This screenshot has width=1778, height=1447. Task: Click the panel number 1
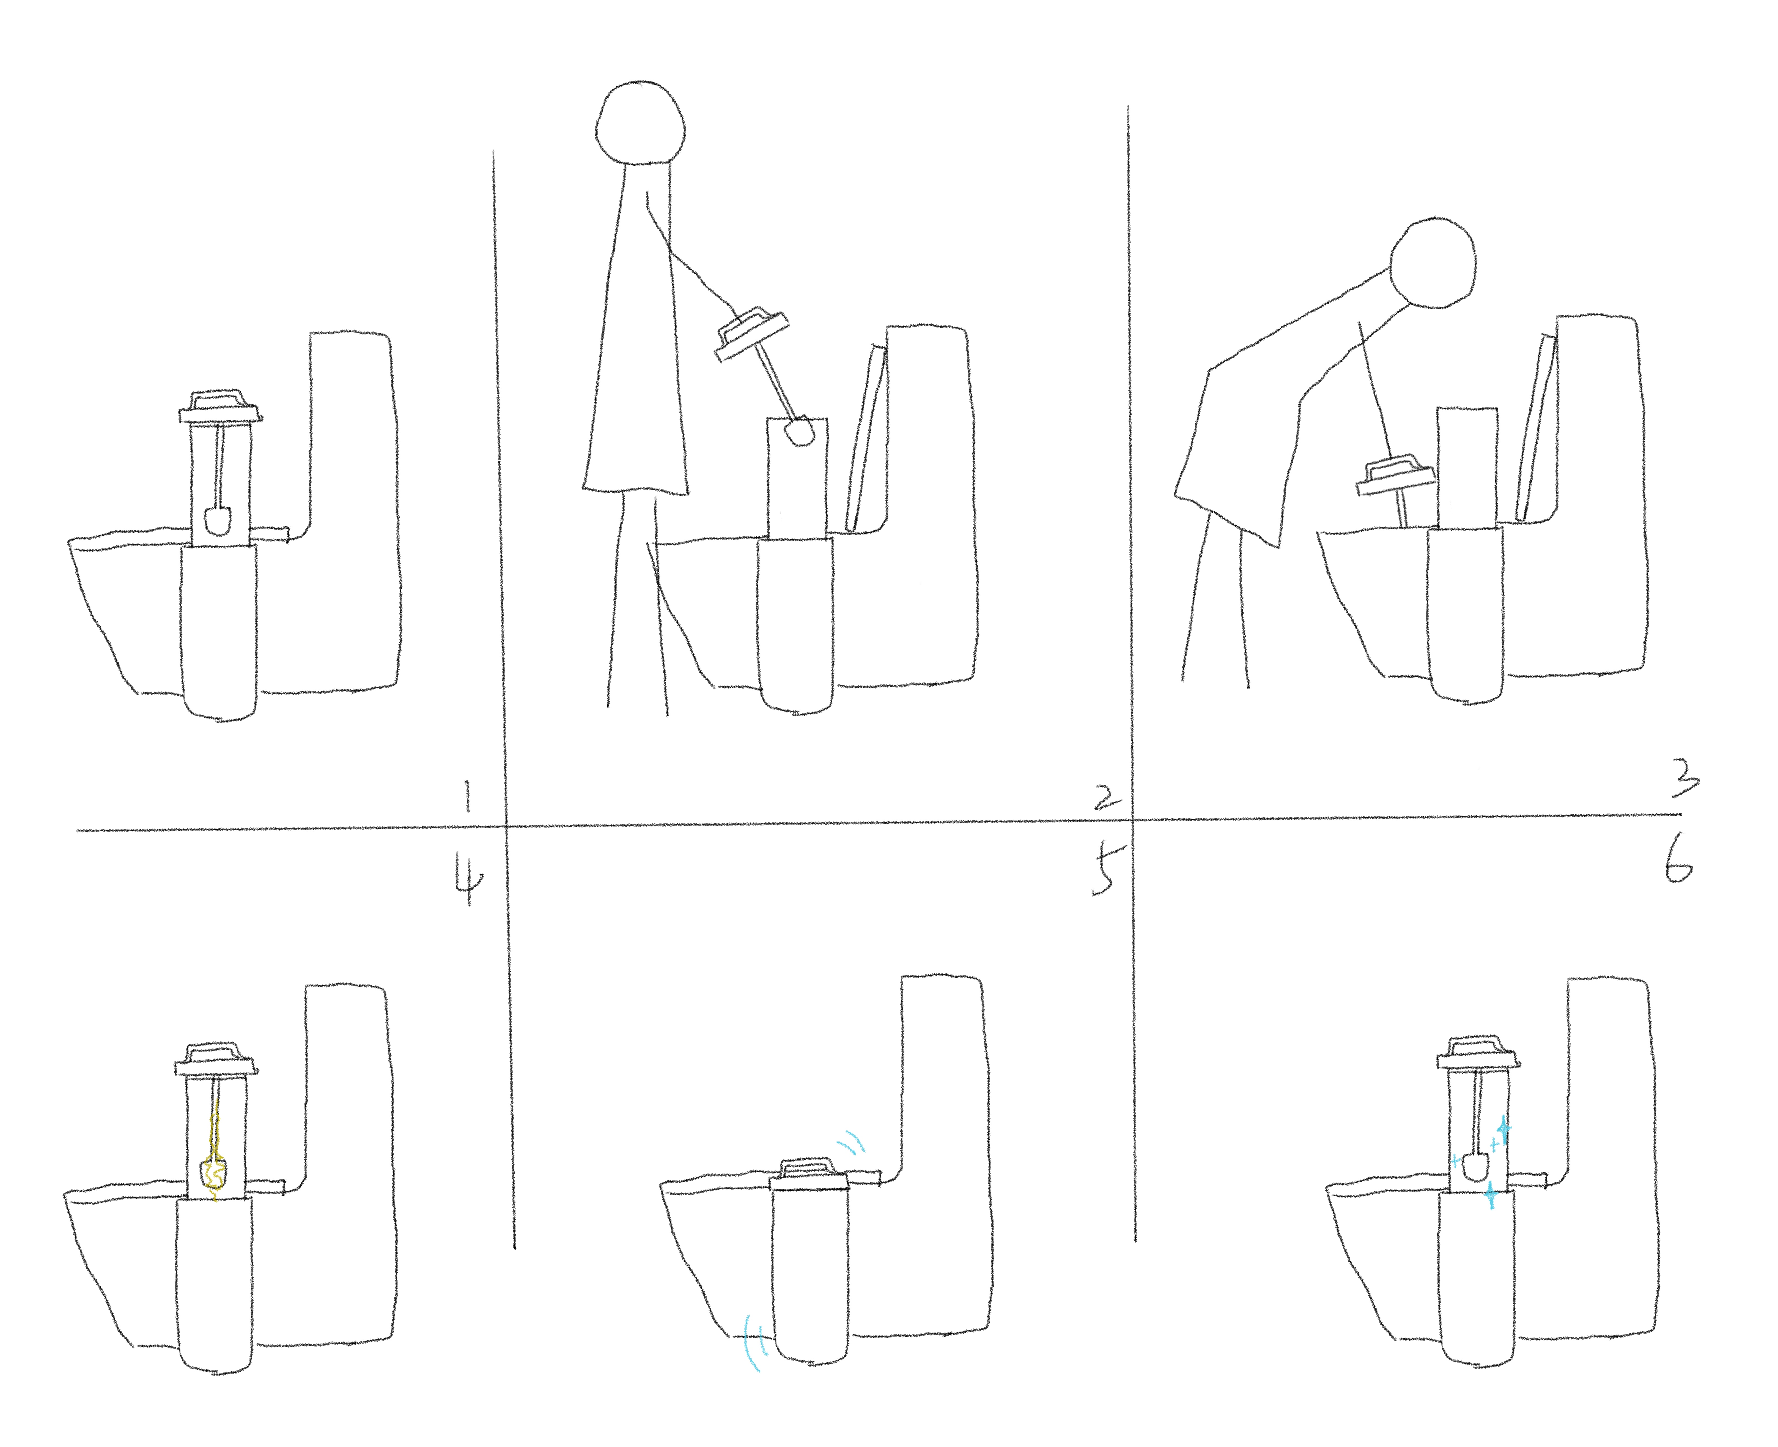(467, 796)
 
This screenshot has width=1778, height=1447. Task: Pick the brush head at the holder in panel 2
(800, 432)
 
